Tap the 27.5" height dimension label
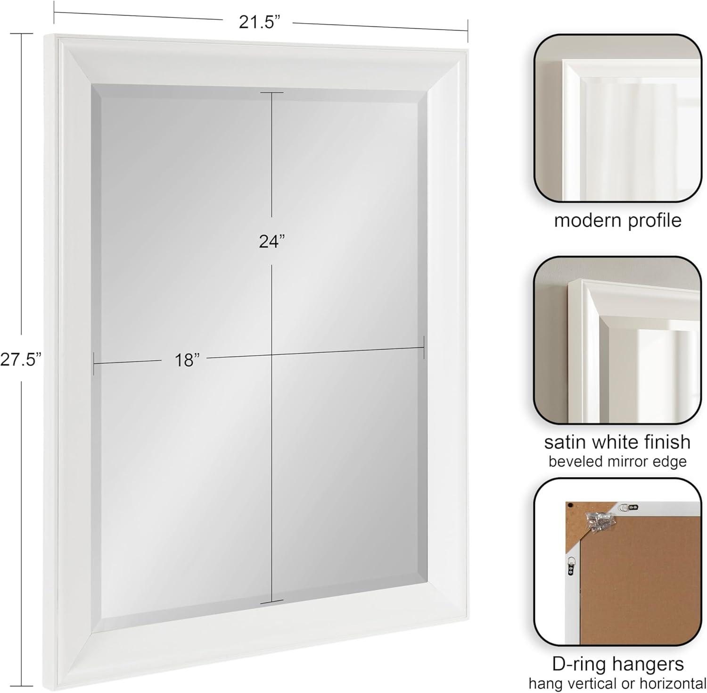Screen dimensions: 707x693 [21, 359]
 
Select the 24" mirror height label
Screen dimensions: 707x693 [272, 241]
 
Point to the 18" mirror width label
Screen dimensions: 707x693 [187, 360]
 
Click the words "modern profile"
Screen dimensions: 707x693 [617, 220]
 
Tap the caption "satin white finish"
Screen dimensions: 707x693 [617, 442]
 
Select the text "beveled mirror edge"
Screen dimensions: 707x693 [617, 461]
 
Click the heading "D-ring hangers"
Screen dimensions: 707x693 [618, 664]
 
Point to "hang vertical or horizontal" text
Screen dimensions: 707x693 [617, 683]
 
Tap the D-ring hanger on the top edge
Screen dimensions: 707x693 [628, 507]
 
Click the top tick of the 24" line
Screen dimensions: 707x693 [272, 92]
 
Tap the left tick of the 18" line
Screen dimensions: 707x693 [94, 363]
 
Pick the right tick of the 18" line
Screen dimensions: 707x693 [424, 348]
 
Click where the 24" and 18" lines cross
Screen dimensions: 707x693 [272, 355]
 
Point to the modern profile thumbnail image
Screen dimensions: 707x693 [617, 118]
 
